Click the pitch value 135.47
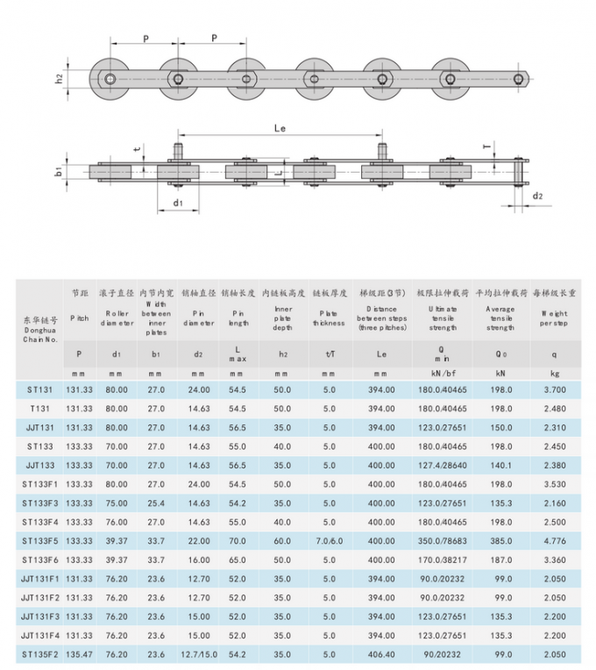point(80,654)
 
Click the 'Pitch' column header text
point(80,319)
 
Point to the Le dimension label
point(280,129)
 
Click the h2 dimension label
point(59,79)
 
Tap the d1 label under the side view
point(178,203)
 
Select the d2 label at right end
point(537,196)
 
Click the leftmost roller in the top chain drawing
point(110,81)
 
